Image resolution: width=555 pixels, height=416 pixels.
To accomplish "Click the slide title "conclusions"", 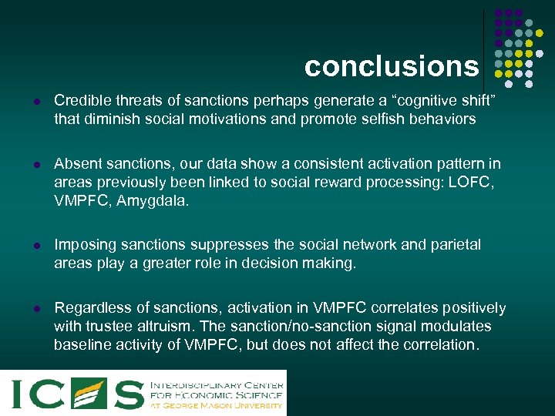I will [x=391, y=66].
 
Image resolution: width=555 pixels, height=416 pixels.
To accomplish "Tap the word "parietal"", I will [x=452, y=245].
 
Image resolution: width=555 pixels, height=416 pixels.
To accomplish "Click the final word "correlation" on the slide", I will [x=439, y=345].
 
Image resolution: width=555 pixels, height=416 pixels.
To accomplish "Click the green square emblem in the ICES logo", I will [x=88, y=393].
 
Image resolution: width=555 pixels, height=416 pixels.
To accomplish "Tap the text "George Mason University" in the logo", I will [x=224, y=405].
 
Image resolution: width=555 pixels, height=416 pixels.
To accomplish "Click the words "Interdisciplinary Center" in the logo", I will [x=217, y=383].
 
